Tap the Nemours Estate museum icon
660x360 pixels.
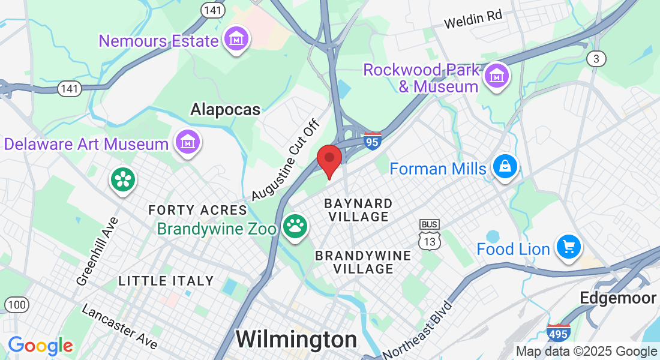point(236,40)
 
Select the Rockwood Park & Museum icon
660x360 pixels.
point(497,76)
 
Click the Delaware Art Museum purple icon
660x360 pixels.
point(188,142)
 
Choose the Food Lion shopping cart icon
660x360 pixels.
point(568,247)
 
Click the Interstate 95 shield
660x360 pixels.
point(373,141)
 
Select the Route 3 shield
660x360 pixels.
point(596,58)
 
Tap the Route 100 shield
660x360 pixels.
point(17,304)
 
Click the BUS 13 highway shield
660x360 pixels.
point(429,233)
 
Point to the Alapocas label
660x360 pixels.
point(225,109)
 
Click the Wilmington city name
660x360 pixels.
point(296,339)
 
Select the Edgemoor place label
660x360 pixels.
point(618,298)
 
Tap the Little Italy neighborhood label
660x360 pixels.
point(166,280)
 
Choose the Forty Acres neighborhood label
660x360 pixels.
point(197,210)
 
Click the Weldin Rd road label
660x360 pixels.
point(473,20)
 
